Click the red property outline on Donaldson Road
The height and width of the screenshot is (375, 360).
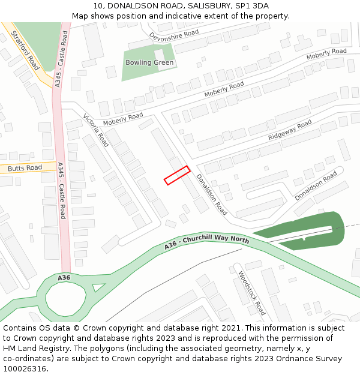coord(177,175)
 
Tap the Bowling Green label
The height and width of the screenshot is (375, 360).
coord(149,63)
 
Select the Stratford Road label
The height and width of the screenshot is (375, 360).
coord(25,51)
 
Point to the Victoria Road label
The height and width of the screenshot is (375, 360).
coord(96,130)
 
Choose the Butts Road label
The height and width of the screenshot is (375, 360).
coord(25,167)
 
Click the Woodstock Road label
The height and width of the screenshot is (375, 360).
coord(251,293)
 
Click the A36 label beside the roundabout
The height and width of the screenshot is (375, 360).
coord(64,278)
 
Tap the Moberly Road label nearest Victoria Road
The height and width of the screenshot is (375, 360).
coord(123,119)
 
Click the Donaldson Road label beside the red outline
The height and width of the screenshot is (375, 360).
coord(212,194)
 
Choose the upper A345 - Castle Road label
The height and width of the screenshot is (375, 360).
coord(62,60)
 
